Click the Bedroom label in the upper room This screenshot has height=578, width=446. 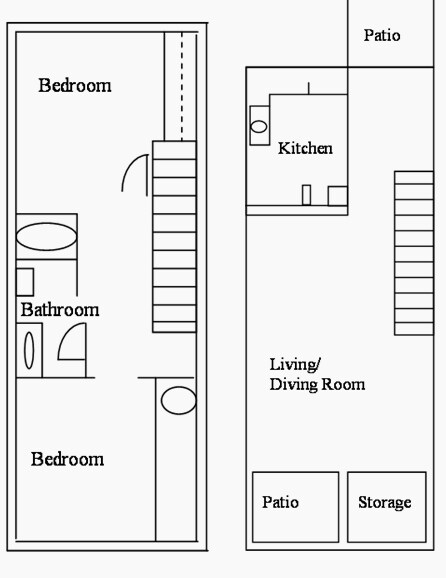tap(75, 86)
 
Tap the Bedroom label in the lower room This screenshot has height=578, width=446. tap(67, 460)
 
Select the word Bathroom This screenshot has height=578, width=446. tap(60, 310)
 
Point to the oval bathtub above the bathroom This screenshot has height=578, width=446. tap(46, 237)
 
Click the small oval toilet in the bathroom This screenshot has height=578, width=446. tap(29, 351)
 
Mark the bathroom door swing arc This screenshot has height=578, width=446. tap(70, 343)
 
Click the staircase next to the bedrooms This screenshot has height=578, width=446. tap(174, 236)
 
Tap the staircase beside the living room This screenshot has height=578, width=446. tap(413, 253)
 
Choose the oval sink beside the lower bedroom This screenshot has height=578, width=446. tap(179, 400)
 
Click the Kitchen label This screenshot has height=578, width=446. tap(305, 149)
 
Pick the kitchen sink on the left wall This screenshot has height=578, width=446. tap(258, 127)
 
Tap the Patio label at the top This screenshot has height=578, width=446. tap(381, 36)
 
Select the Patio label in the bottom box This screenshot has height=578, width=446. tap(280, 502)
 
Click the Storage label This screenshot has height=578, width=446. tap(384, 502)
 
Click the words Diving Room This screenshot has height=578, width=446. tap(317, 384)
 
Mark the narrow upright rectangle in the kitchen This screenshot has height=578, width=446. tap(307, 194)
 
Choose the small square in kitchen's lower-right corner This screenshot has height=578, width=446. tap(337, 195)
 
